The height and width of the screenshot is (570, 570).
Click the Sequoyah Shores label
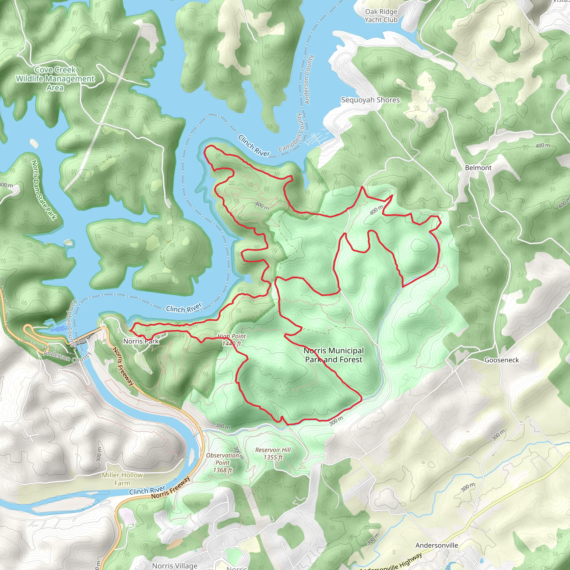[x=370, y=100]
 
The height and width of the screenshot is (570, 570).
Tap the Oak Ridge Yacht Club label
[x=381, y=16]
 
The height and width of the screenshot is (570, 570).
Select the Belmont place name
[x=478, y=168]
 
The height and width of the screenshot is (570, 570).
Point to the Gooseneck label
[x=502, y=360]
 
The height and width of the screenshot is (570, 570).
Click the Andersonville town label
[x=437, y=545]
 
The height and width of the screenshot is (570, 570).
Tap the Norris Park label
[x=141, y=341]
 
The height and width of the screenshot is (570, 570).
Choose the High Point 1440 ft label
[x=232, y=340]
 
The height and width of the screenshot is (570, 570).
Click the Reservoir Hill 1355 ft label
[x=273, y=453]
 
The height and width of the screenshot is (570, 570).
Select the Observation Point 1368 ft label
[x=222, y=463]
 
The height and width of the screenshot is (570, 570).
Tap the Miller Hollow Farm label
[x=122, y=479]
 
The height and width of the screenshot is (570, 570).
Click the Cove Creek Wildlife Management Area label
[x=55, y=78]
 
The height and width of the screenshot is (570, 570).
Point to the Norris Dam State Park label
[x=43, y=190]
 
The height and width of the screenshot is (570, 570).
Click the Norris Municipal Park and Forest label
[x=334, y=355]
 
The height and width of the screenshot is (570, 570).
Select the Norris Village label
[x=175, y=566]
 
